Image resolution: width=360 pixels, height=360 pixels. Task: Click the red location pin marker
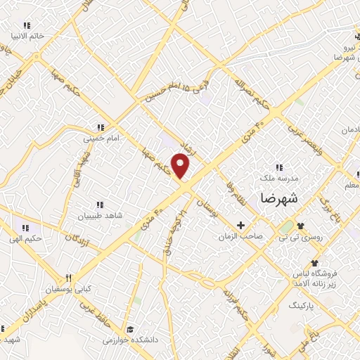tap(181, 166)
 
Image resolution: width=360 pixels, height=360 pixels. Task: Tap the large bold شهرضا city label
tap(279, 199)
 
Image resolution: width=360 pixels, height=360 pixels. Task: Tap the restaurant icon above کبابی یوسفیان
tap(68, 278)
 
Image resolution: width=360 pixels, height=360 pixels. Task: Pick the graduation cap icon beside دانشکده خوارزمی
tap(130, 328)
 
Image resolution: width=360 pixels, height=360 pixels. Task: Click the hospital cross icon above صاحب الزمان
tap(241, 226)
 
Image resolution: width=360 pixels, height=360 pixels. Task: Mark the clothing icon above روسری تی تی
tap(301, 226)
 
